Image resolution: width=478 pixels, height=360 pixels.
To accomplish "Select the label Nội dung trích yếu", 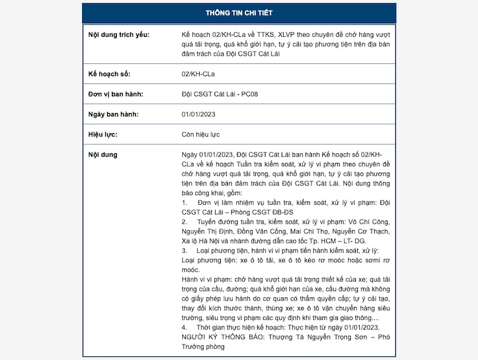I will [x=118, y=34].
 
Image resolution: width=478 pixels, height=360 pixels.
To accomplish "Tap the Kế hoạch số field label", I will [x=109, y=74].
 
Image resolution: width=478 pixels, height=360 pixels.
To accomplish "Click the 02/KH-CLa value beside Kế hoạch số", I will [x=198, y=74].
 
